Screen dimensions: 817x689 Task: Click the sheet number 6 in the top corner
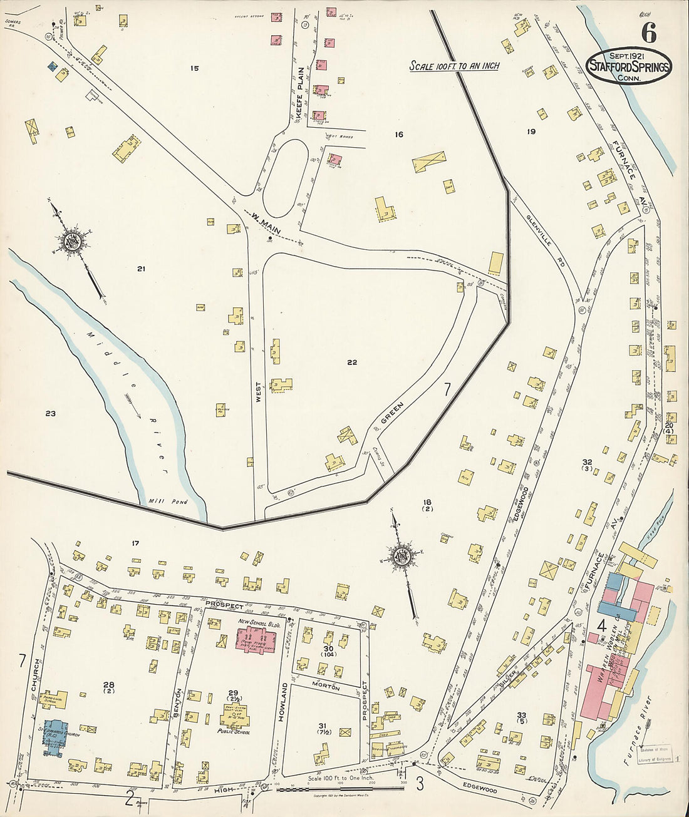coord(648,30)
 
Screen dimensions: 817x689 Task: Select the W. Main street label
coord(266,224)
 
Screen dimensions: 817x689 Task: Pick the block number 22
coord(352,362)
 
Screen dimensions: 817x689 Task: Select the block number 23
coord(51,413)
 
